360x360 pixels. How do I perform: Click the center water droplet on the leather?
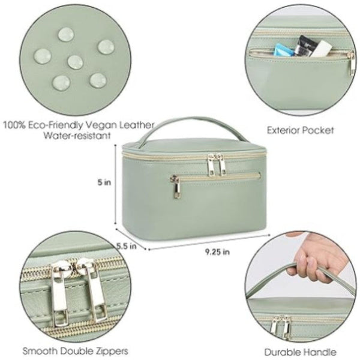tap(74, 61)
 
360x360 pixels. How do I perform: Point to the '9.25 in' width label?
tap(217, 252)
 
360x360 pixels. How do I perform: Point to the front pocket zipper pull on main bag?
tap(176, 187)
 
